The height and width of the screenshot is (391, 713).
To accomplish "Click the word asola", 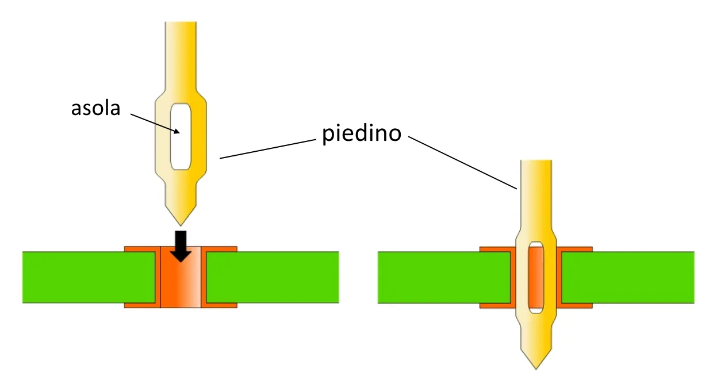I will [95, 108].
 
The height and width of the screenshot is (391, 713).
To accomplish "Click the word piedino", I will [361, 133].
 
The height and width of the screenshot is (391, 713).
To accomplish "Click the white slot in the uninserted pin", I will [181, 136].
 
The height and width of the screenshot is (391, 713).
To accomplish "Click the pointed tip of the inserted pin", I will [536, 366].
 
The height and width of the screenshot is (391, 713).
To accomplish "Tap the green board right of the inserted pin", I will [627, 277].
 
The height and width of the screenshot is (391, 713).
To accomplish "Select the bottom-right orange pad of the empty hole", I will [221, 305].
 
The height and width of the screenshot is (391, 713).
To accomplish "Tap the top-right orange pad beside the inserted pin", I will [575, 250].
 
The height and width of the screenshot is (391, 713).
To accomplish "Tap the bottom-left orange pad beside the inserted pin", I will [496, 305].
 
